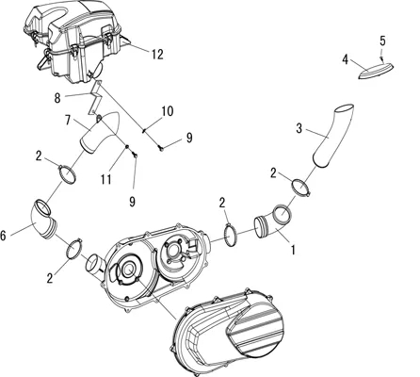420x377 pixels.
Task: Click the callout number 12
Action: [157, 55]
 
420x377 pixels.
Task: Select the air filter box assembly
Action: [73, 42]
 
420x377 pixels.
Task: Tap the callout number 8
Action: [57, 98]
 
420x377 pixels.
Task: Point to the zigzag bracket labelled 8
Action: [94, 98]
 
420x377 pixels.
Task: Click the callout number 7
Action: [68, 120]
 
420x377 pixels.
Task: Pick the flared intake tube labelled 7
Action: [98, 133]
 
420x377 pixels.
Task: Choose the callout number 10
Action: [168, 111]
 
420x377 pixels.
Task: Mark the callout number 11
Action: [106, 179]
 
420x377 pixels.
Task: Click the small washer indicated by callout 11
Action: [127, 147]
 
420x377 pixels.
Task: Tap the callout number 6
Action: [3, 236]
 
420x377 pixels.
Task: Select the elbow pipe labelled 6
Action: [43, 220]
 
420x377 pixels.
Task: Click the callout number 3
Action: [299, 128]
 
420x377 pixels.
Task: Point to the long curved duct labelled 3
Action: [332, 135]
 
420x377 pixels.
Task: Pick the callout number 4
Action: [346, 59]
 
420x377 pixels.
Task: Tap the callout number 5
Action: [382, 41]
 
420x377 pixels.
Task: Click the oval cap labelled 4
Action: [376, 71]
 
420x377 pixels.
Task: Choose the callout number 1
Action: [293, 251]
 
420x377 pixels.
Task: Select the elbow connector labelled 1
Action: [272, 223]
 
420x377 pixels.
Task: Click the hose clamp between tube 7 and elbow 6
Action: [67, 174]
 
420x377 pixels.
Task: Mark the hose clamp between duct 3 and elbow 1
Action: [301, 187]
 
